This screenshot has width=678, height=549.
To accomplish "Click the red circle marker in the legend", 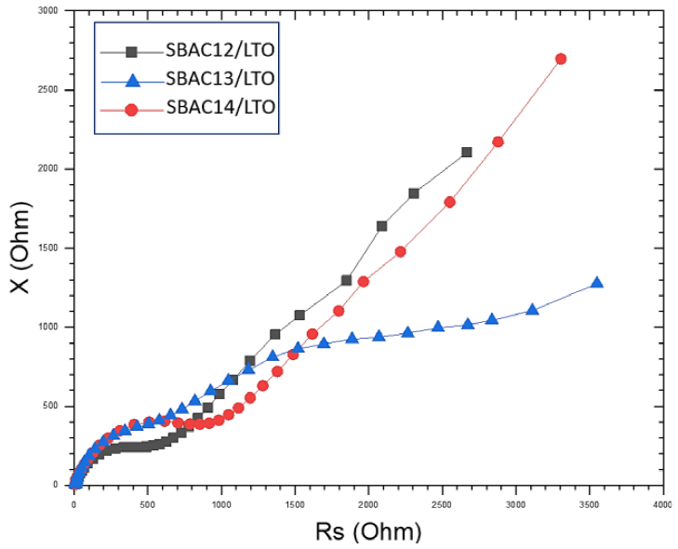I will tap(131, 108).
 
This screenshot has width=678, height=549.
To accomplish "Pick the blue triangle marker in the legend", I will tap(131, 78).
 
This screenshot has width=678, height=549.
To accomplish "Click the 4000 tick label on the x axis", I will tap(661, 503).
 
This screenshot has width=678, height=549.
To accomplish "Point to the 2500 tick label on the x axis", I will tap(441, 503).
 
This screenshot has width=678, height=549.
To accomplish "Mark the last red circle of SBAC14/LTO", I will tap(561, 59).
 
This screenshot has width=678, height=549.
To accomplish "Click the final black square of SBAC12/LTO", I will tap(466, 152).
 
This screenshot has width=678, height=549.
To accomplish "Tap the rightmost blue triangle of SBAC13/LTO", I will tap(596, 283).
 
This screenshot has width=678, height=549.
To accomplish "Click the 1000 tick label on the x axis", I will tap(220, 503).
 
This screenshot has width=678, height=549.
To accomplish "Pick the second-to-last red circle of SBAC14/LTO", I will tap(498, 141).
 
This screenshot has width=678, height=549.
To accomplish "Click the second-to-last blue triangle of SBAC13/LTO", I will tap(532, 309).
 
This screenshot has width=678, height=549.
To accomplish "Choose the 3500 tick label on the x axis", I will tap(588, 503).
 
